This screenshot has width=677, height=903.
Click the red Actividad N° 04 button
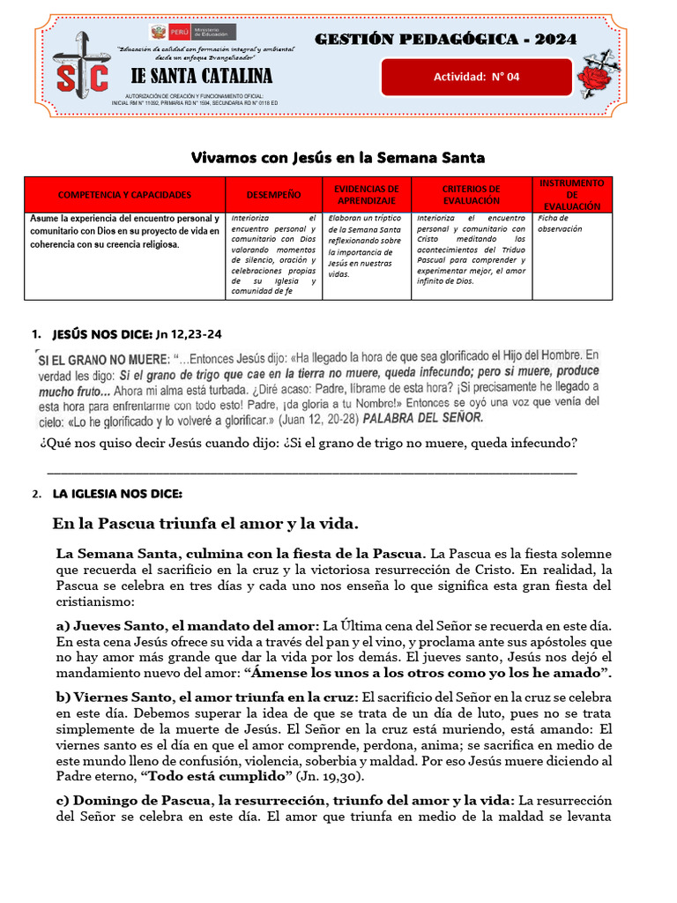[x=476, y=77]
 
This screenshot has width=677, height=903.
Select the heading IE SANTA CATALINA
[x=201, y=76]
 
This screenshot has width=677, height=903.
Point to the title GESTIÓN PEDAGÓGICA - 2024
[x=446, y=39]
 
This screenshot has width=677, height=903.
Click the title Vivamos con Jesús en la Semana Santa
[x=338, y=158]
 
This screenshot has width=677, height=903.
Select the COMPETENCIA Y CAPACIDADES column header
[x=123, y=195]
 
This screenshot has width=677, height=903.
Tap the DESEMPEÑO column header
[x=273, y=195]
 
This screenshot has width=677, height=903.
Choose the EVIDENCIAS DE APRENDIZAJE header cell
[x=367, y=195]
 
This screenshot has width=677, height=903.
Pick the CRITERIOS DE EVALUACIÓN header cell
[x=471, y=195]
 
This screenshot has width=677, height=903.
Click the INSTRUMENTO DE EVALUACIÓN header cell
[x=572, y=195]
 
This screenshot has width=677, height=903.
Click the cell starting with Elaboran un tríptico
[x=366, y=245]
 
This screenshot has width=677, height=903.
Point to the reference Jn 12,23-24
[x=189, y=334]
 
